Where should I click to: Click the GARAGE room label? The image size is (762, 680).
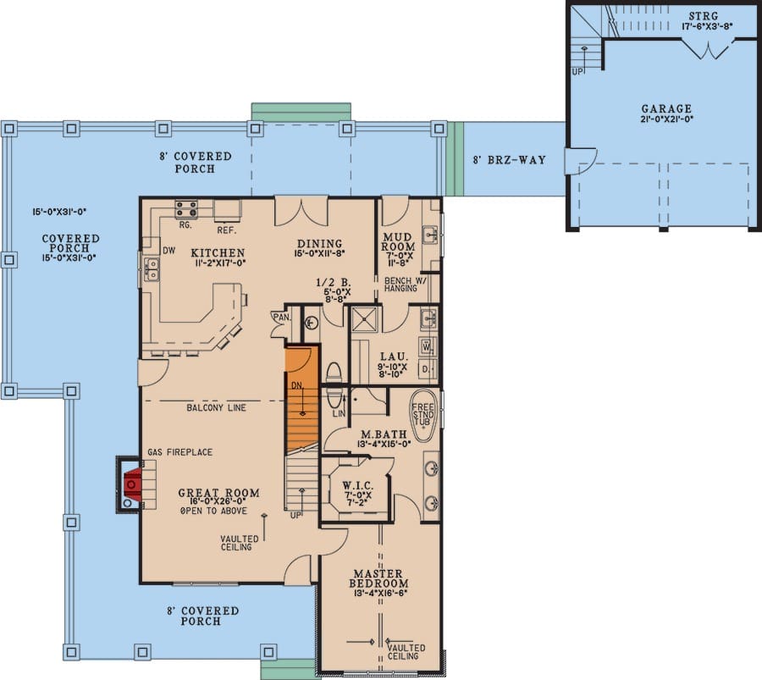click(666, 109)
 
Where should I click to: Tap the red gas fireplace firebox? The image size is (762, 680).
click(133, 484)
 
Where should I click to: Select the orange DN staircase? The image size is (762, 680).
click(301, 399)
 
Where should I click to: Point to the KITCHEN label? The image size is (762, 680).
click(218, 252)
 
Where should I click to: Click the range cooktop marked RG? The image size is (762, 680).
click(186, 209)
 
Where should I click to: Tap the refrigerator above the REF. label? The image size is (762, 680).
click(228, 211)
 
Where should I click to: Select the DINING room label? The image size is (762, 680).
click(320, 244)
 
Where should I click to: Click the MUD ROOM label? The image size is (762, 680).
click(398, 241)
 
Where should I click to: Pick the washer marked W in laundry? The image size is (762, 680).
click(428, 347)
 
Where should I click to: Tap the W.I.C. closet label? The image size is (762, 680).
click(358, 485)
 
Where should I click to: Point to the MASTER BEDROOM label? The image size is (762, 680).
click(378, 578)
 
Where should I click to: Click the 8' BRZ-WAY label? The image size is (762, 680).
click(510, 160)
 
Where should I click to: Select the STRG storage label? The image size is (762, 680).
click(704, 17)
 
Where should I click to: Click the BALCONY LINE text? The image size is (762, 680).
click(216, 408)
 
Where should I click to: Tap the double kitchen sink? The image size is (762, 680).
click(152, 269)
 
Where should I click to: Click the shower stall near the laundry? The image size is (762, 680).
click(364, 319)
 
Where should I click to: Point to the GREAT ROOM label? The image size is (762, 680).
click(218, 493)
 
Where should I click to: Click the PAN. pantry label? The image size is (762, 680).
click(281, 317)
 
